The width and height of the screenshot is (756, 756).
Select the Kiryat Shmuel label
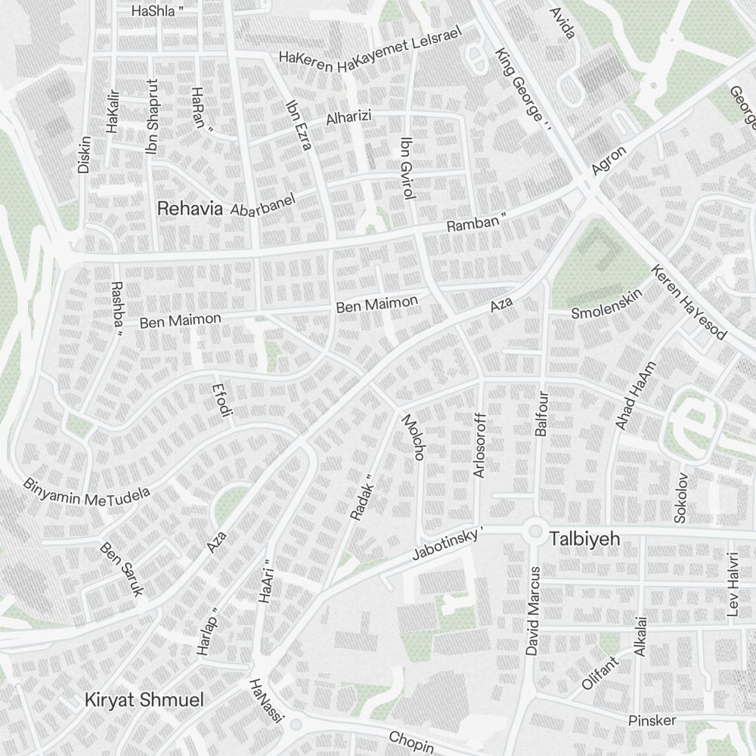pos(144,700)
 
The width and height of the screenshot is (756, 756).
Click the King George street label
pos(519,85)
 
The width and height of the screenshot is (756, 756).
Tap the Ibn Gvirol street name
pos(408,168)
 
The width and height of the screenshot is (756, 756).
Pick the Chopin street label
pos(411,740)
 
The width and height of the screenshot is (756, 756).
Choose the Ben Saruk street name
pos(121,569)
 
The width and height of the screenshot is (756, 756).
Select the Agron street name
pos(609,160)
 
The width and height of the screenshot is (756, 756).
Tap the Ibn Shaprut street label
pos(153,116)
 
